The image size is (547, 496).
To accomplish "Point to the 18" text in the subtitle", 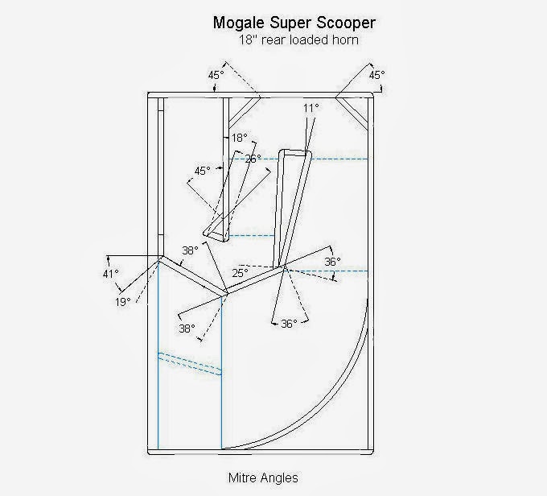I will coord(246,39).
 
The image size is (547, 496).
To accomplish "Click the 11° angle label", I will coord(311,107).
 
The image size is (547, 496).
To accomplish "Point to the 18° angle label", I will coord(239,138).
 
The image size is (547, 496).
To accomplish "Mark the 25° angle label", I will coord(241,273).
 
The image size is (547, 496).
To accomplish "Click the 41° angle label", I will coord(110,274).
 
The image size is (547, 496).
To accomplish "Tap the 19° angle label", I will coord(121,302).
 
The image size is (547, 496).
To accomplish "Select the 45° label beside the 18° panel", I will coord(202,171).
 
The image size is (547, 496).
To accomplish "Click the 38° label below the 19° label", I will coord(187,329).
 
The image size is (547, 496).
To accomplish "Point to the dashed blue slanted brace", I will coord(190,363).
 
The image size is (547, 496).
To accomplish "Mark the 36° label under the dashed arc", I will coord(289,323).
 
